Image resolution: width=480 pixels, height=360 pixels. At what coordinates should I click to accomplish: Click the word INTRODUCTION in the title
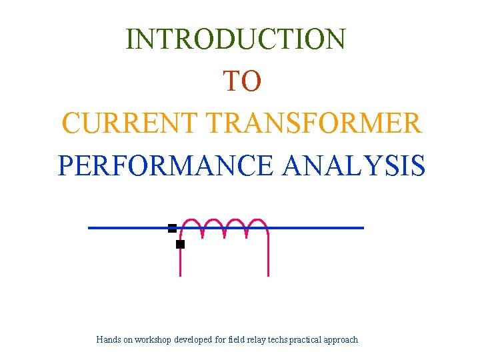[x=236, y=39]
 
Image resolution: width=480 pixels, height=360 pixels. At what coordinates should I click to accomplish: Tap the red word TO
[x=242, y=81]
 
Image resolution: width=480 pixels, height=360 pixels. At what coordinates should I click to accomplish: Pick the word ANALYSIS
[x=353, y=166]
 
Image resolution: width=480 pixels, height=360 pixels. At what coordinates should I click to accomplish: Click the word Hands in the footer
[x=108, y=340]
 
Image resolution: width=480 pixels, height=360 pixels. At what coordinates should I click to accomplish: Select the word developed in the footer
[x=193, y=340]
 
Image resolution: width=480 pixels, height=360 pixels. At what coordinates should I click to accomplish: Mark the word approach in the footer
[x=341, y=340]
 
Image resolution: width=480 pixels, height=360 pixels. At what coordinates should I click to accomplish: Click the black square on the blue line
[x=172, y=228]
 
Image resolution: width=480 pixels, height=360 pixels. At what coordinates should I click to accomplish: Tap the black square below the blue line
[x=180, y=245]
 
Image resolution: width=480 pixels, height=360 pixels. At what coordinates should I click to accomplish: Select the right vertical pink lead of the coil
[x=268, y=257]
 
